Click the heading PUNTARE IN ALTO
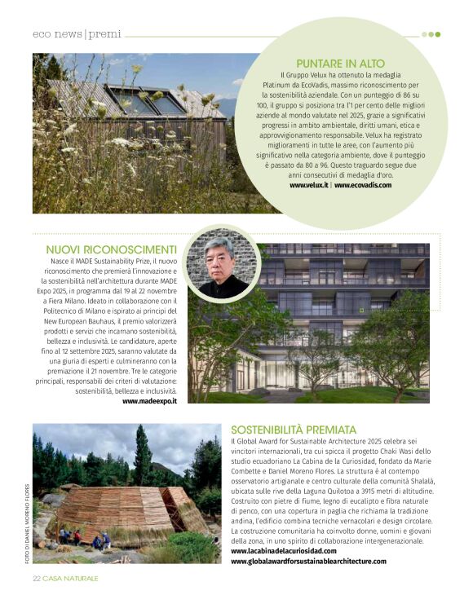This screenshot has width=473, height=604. [x=340, y=63]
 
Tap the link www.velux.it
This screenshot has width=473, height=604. [x=309, y=185]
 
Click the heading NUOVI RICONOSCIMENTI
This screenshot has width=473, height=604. [x=112, y=249]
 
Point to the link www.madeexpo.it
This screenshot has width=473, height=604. [x=150, y=401]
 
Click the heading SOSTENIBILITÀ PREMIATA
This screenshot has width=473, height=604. [x=294, y=429]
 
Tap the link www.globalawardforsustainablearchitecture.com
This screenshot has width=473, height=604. [x=308, y=561]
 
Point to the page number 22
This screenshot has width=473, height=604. [x=37, y=578]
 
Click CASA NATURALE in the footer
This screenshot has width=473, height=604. [x=71, y=578]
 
